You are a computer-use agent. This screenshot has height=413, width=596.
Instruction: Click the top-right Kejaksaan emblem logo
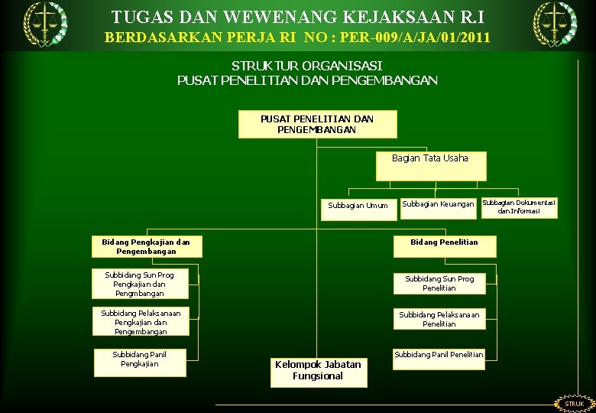[x=555, y=24]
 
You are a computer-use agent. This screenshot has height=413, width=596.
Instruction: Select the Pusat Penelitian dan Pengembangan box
[x=317, y=125]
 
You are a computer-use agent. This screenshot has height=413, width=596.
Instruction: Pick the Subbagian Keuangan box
[x=438, y=206]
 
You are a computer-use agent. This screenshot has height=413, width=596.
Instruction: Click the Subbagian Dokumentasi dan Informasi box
[x=519, y=207]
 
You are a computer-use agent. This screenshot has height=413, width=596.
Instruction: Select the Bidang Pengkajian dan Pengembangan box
[x=146, y=246]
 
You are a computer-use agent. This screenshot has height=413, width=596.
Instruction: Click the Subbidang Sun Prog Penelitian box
[x=439, y=284]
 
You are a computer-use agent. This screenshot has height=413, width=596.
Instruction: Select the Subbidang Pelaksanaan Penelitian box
[x=439, y=319]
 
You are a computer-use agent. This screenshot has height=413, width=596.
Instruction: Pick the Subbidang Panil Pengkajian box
[x=139, y=363]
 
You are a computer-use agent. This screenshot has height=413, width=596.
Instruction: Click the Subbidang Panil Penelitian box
[x=439, y=359]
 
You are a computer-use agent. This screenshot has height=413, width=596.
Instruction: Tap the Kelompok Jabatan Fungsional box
[x=318, y=372]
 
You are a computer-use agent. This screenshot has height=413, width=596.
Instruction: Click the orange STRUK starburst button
[x=574, y=403]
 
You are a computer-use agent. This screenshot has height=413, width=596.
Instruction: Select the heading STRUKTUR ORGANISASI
[x=306, y=66]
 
